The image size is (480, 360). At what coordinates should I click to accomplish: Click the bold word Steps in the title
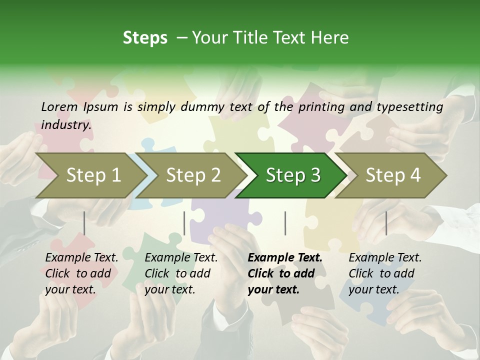(145, 38)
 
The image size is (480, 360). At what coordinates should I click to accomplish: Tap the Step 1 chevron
(93, 175)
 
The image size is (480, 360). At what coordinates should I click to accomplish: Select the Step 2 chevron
(193, 175)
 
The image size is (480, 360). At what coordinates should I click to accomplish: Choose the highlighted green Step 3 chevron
(292, 175)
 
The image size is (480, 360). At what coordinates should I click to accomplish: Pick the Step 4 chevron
(392, 175)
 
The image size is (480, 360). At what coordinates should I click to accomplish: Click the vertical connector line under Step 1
(84, 223)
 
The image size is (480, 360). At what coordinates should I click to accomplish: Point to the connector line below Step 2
(184, 223)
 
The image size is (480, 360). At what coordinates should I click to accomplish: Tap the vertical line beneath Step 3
(285, 223)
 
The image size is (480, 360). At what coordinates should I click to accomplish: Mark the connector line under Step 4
(386, 223)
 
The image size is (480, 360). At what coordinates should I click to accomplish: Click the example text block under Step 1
(81, 273)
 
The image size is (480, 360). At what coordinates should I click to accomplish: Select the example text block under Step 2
(181, 273)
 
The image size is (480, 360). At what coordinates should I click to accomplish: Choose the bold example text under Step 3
(285, 273)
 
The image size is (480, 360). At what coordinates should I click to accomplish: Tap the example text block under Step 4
(385, 273)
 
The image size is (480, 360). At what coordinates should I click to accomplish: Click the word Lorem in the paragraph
(59, 106)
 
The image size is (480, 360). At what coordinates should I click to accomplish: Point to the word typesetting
(409, 106)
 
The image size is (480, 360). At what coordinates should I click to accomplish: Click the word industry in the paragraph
(66, 124)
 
